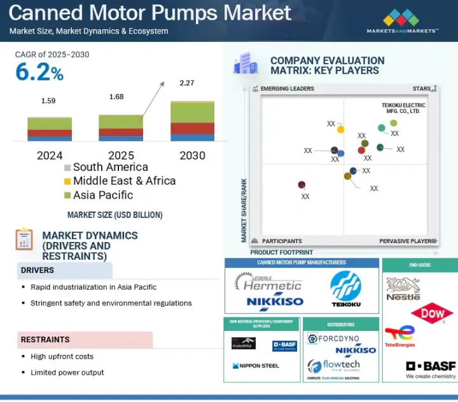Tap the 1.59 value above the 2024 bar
pos(48,100)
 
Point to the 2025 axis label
pos(121,155)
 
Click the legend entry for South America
pos(106,168)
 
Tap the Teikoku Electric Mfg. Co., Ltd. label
pos(401,107)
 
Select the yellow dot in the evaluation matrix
pos(340,130)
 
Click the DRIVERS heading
pos(38,271)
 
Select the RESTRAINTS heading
pos(45,340)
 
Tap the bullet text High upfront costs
pos(62,356)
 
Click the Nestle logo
pos(403,289)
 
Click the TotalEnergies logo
pos(399,337)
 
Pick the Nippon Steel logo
pos(256,366)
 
